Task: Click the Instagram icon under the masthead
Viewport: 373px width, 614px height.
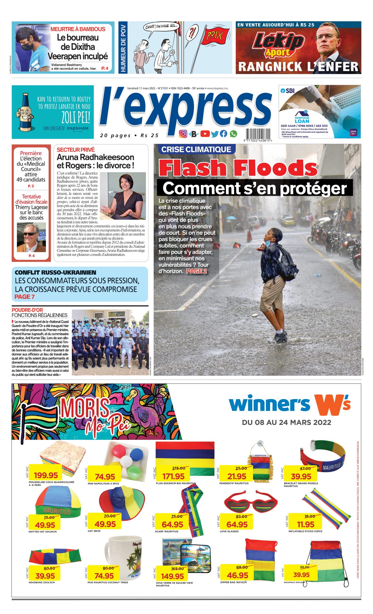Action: (183, 134)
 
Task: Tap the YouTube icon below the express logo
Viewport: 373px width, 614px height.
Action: (205, 134)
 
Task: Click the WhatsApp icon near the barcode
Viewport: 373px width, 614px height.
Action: (233, 134)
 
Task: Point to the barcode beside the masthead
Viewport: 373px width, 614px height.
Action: (258, 134)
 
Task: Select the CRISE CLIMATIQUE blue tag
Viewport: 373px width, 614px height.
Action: (196, 149)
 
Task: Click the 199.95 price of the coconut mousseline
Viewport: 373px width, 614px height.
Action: (46, 475)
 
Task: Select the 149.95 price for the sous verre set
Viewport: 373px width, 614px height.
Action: (173, 576)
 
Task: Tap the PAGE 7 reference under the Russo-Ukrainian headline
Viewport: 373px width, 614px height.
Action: (25, 297)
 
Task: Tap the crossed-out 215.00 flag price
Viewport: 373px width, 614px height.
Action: (178, 468)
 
